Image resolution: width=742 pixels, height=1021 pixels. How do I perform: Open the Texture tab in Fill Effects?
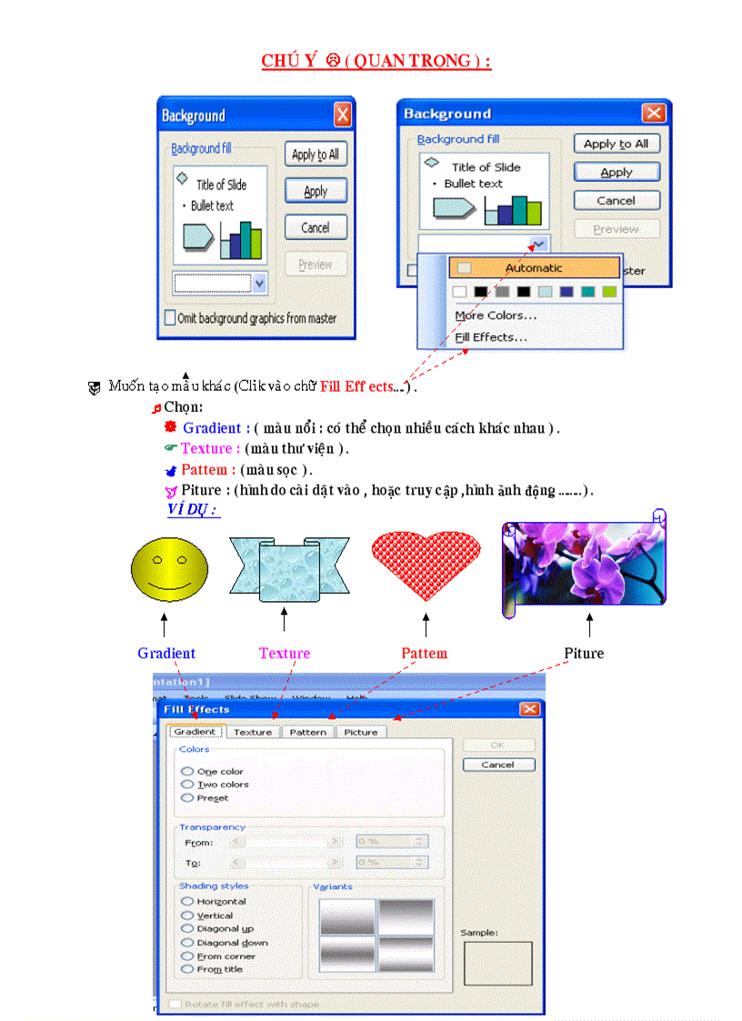click(253, 732)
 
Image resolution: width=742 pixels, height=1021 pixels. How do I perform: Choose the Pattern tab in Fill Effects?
click(308, 732)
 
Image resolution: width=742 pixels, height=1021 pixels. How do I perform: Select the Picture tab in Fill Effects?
click(361, 732)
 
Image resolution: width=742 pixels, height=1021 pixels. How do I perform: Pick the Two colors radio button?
click(187, 785)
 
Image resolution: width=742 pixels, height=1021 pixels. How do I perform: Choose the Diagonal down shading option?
click(187, 943)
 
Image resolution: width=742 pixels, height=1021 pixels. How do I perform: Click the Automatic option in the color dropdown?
click(534, 268)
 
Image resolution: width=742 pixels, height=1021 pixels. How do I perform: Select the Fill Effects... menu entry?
click(491, 337)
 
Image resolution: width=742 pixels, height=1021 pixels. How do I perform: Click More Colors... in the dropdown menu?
click(496, 315)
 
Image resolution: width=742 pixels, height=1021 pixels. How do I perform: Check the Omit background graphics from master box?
click(170, 318)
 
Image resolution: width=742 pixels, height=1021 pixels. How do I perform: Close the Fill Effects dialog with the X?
click(529, 709)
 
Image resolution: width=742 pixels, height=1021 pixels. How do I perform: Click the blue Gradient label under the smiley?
click(166, 653)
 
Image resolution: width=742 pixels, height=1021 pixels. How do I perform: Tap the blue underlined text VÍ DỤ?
click(193, 509)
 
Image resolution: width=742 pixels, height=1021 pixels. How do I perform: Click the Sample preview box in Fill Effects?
click(497, 963)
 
